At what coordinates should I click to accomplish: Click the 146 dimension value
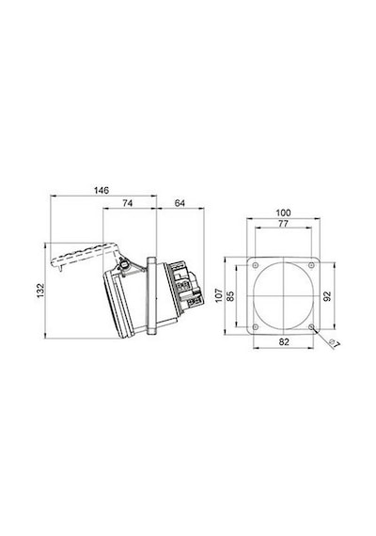coord(102,190)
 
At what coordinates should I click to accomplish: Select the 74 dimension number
coord(128,203)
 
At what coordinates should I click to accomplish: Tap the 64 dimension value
coord(180,203)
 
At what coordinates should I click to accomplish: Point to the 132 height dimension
coord(41,291)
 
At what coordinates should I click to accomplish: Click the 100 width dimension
coord(283,213)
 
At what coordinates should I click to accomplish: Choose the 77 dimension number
coord(283,224)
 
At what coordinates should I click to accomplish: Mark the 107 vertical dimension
coord(219,295)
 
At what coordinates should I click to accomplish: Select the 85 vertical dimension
coord(230,295)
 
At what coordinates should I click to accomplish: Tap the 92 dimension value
coord(327,295)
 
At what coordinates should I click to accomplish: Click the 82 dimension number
coord(284,342)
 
